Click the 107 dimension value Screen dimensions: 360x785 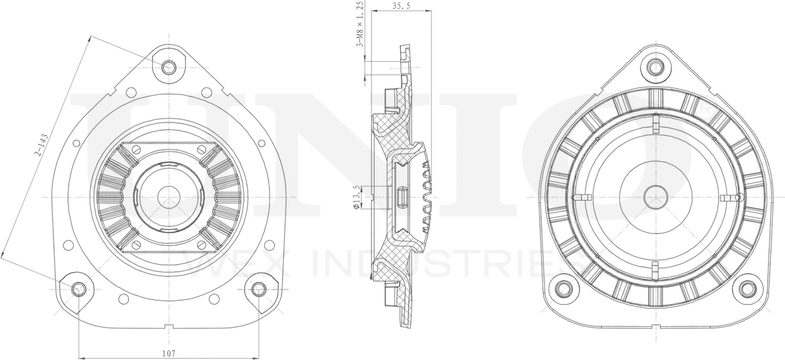point(168,352)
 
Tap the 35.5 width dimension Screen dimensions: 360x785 point(400,6)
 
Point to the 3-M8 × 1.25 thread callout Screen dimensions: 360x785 point(359,24)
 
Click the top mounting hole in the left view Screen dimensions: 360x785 point(168,67)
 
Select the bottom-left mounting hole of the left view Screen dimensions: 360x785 point(79,290)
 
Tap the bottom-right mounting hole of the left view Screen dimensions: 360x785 point(258,290)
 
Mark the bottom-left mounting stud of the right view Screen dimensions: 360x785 point(564,289)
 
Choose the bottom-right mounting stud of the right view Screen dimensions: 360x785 point(747,289)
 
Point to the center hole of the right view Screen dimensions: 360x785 point(655,197)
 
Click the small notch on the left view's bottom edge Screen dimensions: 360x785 point(168,327)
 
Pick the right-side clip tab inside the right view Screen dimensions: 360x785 point(730,198)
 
